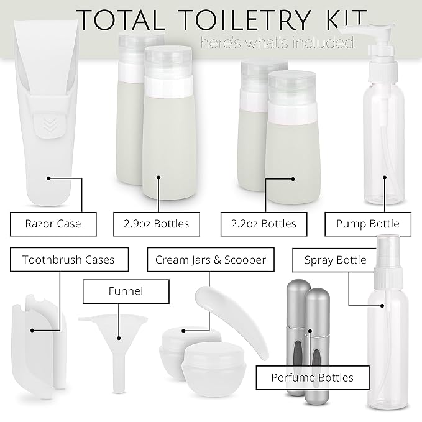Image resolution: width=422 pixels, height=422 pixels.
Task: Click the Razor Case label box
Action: click(x=53, y=224)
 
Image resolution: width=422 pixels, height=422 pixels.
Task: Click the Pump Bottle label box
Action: click(x=368, y=224)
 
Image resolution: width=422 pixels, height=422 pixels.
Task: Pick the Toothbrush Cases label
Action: click(x=68, y=259)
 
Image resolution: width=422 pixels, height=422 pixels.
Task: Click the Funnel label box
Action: click(x=126, y=291)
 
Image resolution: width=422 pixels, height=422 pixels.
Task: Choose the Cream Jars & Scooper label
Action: click(x=211, y=259)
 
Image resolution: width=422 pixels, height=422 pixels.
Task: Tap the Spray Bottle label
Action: click(x=335, y=259)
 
